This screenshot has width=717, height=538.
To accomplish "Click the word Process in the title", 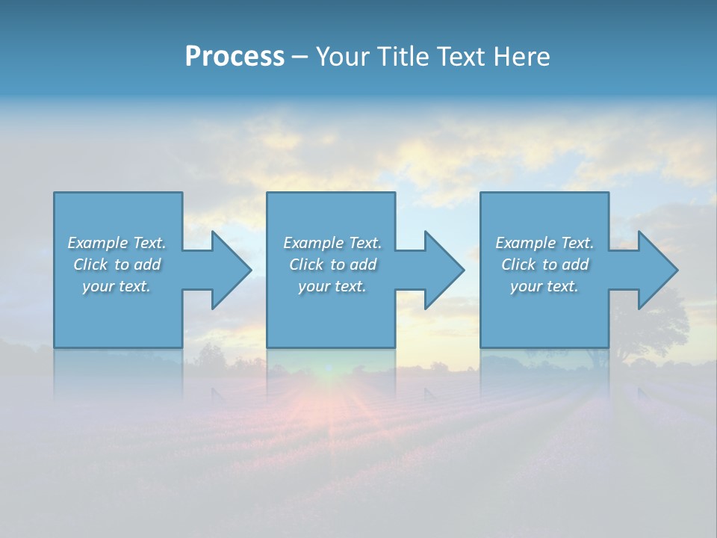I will pos(235,57).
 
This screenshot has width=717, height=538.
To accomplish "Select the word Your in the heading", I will pos(341,57).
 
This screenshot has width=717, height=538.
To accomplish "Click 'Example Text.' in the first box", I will pos(117,243).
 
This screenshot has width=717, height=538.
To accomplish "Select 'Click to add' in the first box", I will pos(117,265).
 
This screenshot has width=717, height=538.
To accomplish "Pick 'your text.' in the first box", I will pos(117,286).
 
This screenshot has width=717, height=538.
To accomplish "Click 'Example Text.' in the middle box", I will pos(332,243).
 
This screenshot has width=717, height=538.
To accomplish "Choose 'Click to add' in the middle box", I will pos(332,265).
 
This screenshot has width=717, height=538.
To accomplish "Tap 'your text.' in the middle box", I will pos(332,286).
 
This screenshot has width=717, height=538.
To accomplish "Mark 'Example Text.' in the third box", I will pos(544,243).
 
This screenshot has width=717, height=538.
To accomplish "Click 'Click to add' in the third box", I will pos(544,265).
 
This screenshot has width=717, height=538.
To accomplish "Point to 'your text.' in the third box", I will pos(544,286).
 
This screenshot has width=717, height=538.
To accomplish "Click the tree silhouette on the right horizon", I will pos(657,329).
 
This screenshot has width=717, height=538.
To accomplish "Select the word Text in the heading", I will pos(457,57).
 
